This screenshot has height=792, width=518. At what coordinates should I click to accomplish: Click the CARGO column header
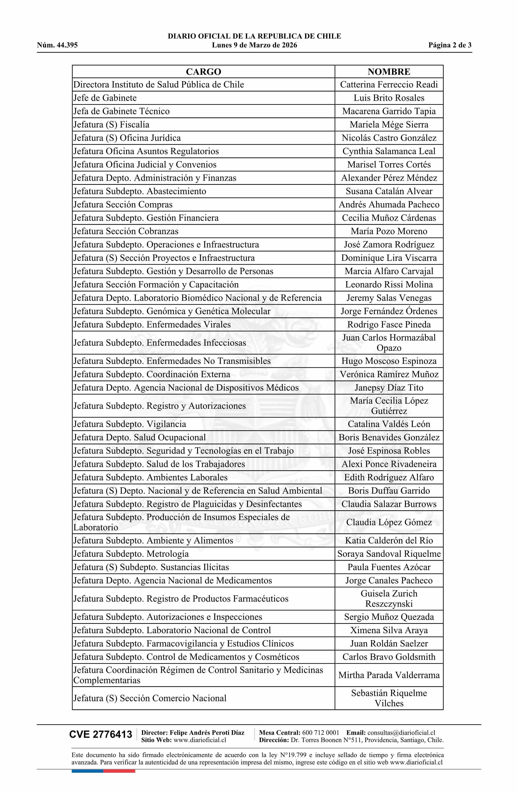tap(203, 71)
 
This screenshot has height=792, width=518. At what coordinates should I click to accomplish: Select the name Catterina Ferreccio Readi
tap(389, 84)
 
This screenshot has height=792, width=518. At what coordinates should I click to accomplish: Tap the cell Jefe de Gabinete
tap(105, 98)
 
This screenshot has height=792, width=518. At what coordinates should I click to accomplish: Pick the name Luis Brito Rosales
tap(389, 98)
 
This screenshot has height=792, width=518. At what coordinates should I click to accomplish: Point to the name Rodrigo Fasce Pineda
tap(389, 325)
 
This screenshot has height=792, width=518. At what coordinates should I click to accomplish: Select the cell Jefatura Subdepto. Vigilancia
tap(130, 424)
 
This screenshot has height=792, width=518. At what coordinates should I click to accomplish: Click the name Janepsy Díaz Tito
tap(389, 388)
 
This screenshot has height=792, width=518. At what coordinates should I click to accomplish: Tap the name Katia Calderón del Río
tap(389, 540)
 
